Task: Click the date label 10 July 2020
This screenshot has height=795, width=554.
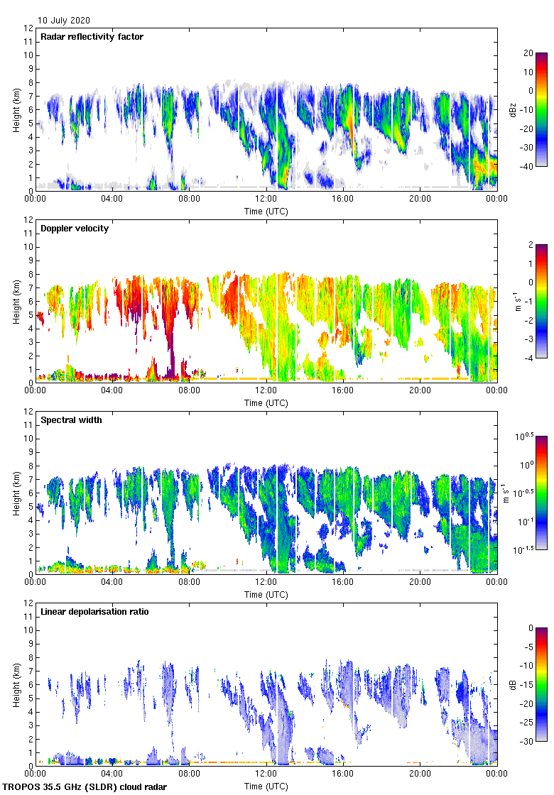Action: pyautogui.click(x=64, y=21)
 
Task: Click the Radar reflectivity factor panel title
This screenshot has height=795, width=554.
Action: pyautogui.click(x=92, y=37)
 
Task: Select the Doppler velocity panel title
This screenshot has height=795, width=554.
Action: pyautogui.click(x=75, y=229)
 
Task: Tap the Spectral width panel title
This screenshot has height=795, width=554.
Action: pyautogui.click(x=71, y=420)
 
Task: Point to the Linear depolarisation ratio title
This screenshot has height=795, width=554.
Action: pyautogui.click(x=94, y=612)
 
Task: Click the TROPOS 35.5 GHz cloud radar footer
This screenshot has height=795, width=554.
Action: pyautogui.click(x=85, y=787)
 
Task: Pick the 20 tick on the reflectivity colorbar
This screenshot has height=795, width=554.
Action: pyautogui.click(x=528, y=53)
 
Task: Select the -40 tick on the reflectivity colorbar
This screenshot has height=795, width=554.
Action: pyautogui.click(x=528, y=166)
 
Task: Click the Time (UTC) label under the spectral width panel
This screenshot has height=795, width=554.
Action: pyautogui.click(x=266, y=595)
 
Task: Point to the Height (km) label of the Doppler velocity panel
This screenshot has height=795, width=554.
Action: pyautogui.click(x=16, y=301)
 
